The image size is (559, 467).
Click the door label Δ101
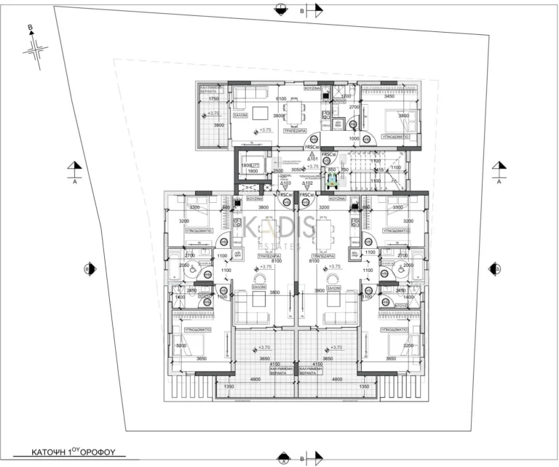(x=312, y=158)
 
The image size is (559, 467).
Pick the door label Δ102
(x=308, y=183)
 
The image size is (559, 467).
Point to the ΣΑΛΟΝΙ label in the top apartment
(x=242, y=115)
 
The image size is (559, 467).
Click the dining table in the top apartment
(x=294, y=113)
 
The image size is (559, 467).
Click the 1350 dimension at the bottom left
(x=229, y=387)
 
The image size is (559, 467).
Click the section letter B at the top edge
(x=302, y=11)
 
